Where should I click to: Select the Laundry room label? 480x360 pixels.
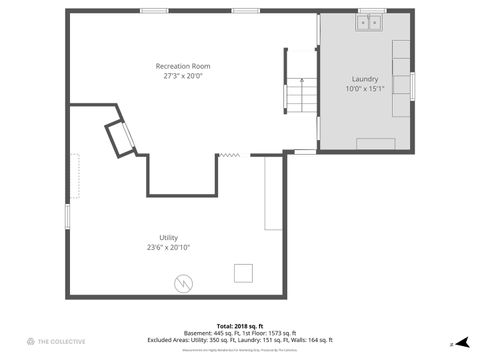(365, 79)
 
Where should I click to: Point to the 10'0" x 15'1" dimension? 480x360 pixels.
(365, 89)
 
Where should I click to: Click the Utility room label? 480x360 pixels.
(168, 237)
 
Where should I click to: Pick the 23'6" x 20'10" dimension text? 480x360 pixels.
(168, 247)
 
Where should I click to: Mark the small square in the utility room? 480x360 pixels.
(243, 273)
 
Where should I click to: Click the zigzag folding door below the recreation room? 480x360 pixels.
(229, 155)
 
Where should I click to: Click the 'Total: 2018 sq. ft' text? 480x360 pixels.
(239, 326)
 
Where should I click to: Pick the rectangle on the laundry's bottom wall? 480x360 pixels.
(375, 143)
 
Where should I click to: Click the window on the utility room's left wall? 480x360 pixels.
(68, 215)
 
